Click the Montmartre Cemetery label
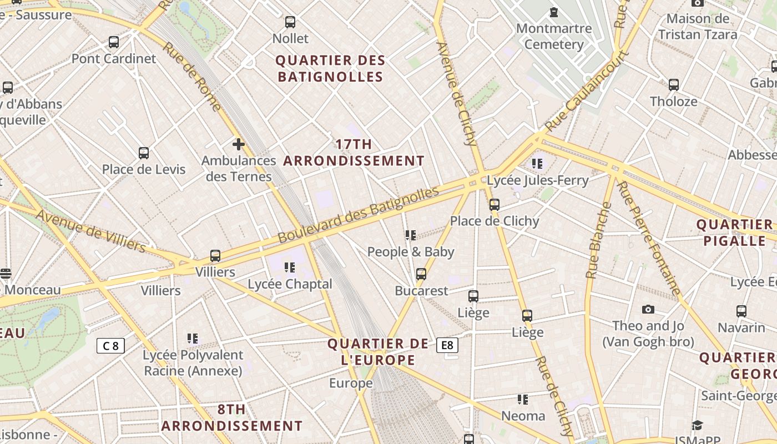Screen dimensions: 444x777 [553, 36]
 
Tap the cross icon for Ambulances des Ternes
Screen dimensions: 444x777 [239, 145]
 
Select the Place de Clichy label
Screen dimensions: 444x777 [494, 221]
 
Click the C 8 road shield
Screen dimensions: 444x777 [110, 346]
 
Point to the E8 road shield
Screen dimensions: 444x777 [447, 345]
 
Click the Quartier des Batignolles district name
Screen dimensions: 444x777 [330, 68]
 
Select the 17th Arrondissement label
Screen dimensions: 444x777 [354, 153]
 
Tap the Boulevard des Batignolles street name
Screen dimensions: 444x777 [358, 215]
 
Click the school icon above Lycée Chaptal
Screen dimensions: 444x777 [290, 268]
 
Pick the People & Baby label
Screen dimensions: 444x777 [411, 252]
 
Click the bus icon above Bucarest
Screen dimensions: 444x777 [421, 274]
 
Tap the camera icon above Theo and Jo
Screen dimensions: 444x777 [648, 309]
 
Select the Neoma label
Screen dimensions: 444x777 [523, 416]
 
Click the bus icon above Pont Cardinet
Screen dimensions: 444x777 [114, 42]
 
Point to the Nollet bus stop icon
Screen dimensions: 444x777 [290, 22]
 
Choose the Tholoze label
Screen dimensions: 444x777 [673, 102]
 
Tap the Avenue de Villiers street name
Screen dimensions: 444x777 [92, 231]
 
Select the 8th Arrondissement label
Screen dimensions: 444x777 [231, 418]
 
